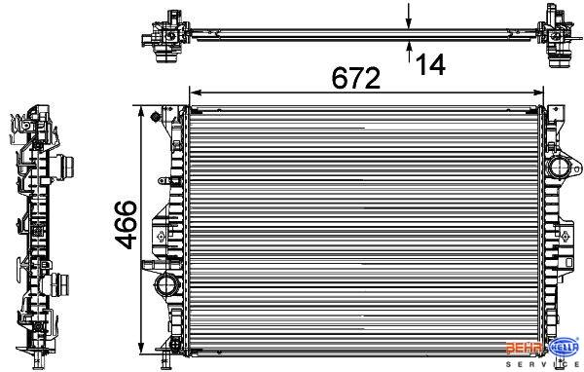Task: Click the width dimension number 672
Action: pyautogui.click(x=356, y=78)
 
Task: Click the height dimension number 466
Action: pyautogui.click(x=126, y=224)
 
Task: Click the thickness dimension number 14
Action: pyautogui.click(x=430, y=65)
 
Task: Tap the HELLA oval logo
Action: pyautogui.click(x=565, y=350)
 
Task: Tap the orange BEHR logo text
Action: pyautogui.click(x=525, y=349)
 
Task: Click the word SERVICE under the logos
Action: pyautogui.click(x=544, y=364)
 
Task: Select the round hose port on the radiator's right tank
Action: pyautogui.click(x=561, y=167)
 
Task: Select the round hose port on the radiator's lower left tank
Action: pyautogui.click(x=166, y=285)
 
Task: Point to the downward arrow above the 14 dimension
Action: pyautogui.click(x=409, y=16)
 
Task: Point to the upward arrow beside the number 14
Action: pyautogui.click(x=409, y=52)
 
